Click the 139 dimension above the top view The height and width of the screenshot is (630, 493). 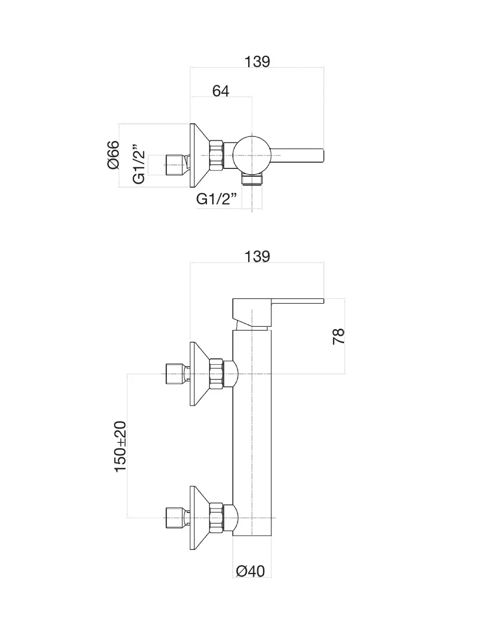[x=257, y=62]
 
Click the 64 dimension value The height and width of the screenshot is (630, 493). [x=221, y=91]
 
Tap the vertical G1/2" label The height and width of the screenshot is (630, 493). [x=139, y=164]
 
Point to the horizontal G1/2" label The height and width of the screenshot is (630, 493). [x=217, y=199]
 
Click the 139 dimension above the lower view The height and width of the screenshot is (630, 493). [x=257, y=256]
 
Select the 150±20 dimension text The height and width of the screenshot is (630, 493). [x=120, y=447]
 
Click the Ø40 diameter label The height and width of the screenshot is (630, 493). [x=251, y=571]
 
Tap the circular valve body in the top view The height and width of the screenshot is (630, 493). [x=251, y=154]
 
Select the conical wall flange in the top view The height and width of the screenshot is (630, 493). [x=199, y=155]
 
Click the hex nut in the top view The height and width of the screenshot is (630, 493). [x=216, y=155]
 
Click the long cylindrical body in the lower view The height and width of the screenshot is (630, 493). [x=252, y=433]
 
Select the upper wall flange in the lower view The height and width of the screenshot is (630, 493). [x=199, y=375]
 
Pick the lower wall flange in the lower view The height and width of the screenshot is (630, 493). [x=199, y=518]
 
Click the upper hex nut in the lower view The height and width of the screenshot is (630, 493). [x=216, y=375]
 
